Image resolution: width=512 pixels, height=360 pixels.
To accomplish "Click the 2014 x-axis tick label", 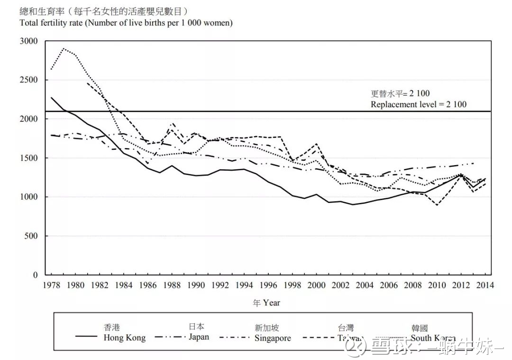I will [x=485, y=285].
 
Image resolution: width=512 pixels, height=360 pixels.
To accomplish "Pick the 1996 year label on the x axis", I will [x=268, y=285].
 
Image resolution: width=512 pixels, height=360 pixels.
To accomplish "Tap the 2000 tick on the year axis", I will [x=317, y=285].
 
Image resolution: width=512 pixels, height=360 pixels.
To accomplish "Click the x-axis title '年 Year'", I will [x=266, y=303].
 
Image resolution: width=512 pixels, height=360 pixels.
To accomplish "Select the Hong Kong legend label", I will [x=124, y=338].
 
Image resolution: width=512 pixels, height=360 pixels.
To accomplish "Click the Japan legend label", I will [x=199, y=337].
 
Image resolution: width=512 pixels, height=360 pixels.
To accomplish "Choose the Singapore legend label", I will [x=272, y=338].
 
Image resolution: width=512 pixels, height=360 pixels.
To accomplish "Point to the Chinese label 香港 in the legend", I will [x=112, y=327].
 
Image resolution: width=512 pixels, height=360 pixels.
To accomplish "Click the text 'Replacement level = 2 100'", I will [x=418, y=104].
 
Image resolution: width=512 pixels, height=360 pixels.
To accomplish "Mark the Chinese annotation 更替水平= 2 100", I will [x=400, y=94].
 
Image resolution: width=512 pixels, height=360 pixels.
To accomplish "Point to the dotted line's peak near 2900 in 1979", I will [x=64, y=48].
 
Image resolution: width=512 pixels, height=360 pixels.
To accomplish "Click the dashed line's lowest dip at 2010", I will [x=437, y=205].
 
